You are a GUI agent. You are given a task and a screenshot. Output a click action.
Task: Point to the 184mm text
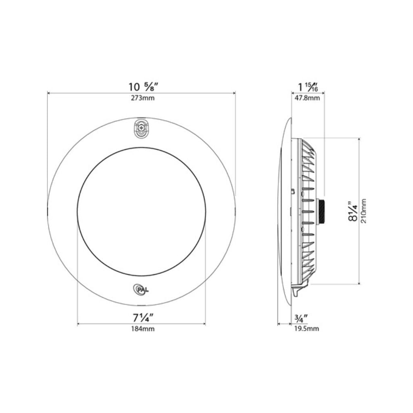142,329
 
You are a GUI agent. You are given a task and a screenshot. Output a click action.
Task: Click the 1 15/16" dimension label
307,87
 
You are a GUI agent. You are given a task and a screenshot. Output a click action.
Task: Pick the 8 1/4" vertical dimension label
353,211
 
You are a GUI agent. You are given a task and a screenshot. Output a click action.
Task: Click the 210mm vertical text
363,211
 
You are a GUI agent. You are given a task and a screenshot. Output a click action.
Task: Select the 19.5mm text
307,329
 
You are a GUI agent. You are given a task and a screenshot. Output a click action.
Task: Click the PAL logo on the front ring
140,289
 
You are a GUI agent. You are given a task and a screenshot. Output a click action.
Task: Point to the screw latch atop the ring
141,129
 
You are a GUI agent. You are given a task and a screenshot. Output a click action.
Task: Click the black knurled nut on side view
321,211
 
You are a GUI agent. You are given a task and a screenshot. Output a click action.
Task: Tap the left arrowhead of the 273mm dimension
49,93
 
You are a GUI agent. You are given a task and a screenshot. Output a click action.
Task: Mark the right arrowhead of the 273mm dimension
234,93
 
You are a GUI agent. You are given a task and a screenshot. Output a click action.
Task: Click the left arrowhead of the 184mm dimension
79,323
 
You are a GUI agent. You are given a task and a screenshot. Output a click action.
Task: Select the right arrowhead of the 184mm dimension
204,323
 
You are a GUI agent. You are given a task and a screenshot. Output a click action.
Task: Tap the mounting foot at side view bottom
296,290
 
